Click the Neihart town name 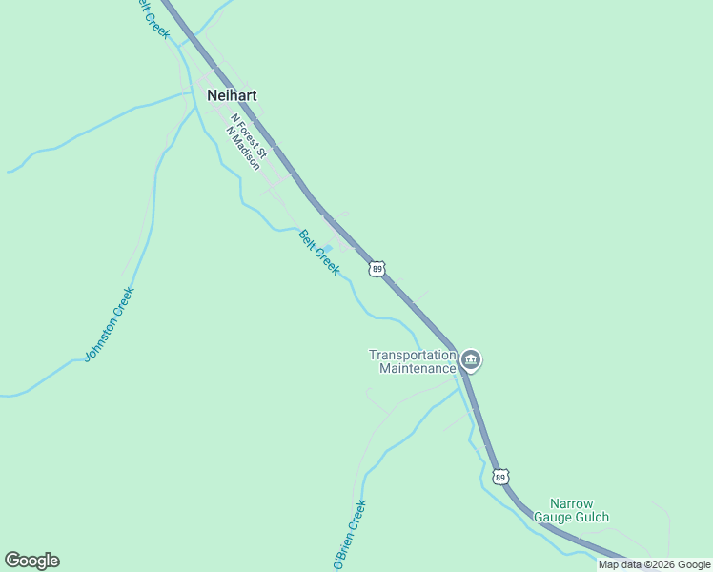232,95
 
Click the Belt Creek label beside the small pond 319,253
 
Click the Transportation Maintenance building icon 471,360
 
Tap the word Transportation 414,355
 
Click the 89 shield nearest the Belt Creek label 378,270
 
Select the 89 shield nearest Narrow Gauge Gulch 501,476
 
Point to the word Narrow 572,503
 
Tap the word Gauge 552,518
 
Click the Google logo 31,561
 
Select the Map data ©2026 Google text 655,565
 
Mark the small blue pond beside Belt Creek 328,248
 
